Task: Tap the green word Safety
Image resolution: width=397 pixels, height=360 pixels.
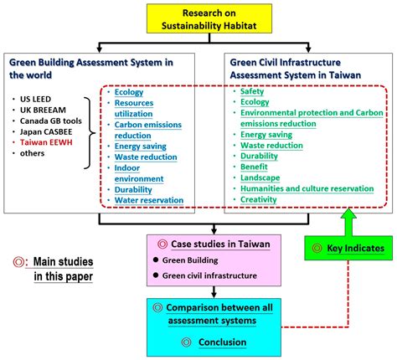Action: click(252, 91)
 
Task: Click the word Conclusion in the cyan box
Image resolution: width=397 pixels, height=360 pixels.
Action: click(223, 342)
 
